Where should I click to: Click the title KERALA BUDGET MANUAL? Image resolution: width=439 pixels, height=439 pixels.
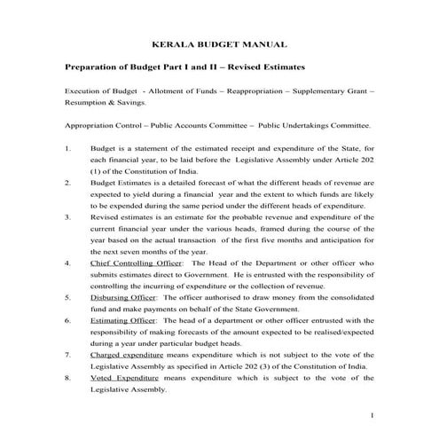click(219, 43)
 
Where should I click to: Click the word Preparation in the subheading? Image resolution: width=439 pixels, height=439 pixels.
click(95, 67)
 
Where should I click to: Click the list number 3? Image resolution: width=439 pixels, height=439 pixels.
click(68, 216)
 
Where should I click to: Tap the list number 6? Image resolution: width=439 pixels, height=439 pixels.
click(68, 318)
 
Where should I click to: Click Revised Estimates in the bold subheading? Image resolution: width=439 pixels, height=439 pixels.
click(271, 67)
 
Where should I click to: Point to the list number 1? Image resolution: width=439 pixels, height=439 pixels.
click(68, 147)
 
